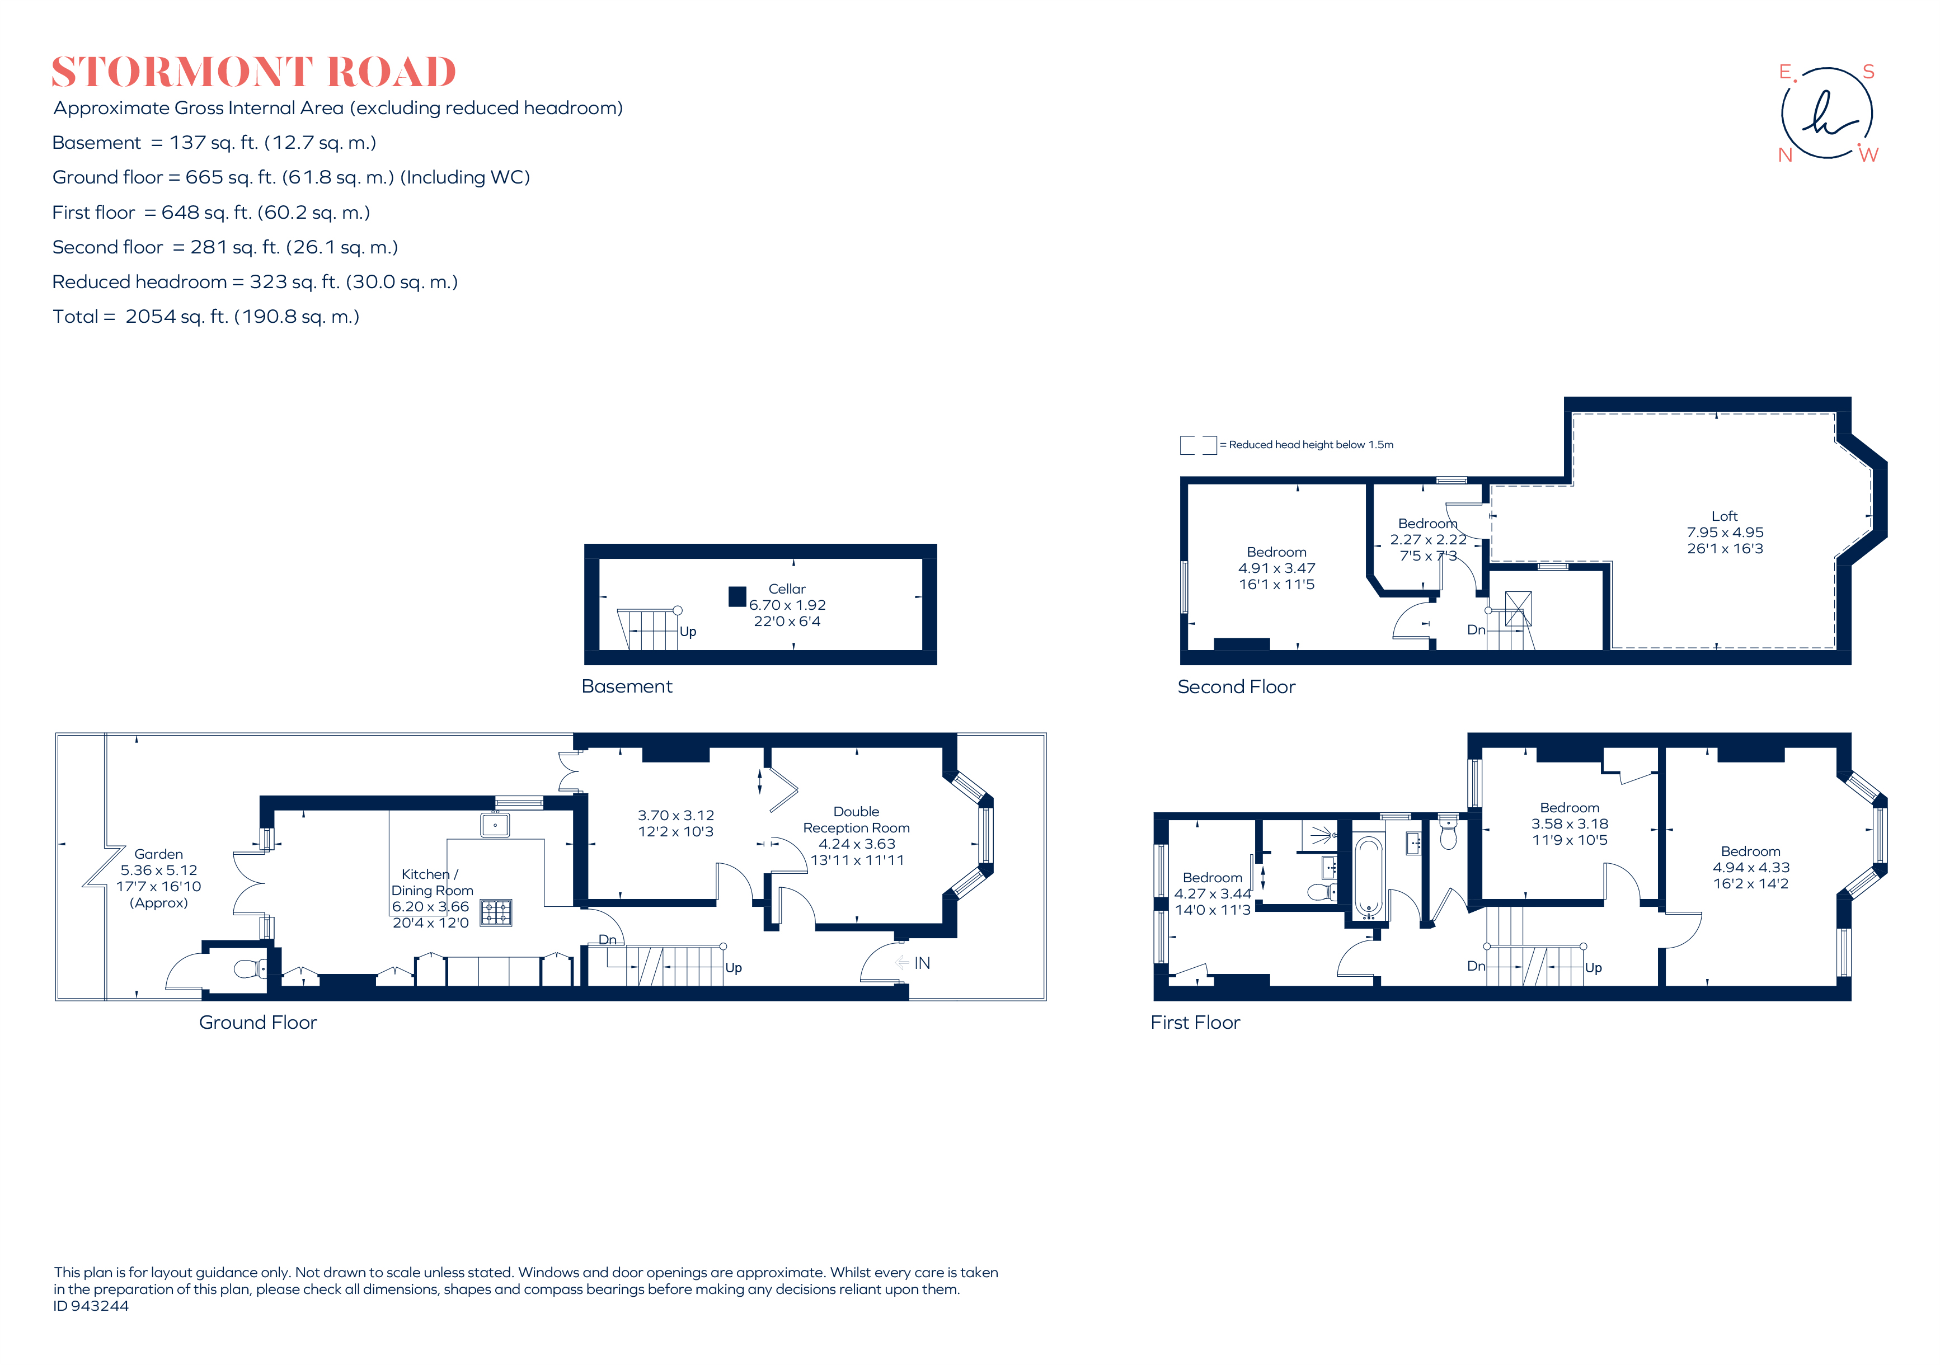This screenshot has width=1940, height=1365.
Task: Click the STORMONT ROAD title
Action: [x=253, y=73]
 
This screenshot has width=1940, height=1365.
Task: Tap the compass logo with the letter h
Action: [x=1827, y=113]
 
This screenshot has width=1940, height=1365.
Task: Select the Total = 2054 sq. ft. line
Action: [x=205, y=317]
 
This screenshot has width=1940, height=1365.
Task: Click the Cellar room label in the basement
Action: [x=787, y=589]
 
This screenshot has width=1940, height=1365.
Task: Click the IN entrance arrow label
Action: [x=921, y=963]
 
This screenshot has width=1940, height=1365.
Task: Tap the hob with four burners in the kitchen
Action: [x=496, y=912]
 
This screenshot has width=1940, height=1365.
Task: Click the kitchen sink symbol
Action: [x=494, y=825]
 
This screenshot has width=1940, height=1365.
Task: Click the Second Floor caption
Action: [x=1236, y=687]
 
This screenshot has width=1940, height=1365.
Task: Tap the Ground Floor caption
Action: [x=258, y=1022]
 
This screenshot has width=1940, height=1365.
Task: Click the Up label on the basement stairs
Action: [x=688, y=632]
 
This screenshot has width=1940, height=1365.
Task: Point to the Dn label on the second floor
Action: [x=1475, y=630]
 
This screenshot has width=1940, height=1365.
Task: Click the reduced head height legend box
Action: [x=1197, y=445]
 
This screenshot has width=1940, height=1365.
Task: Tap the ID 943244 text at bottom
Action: [x=91, y=1306]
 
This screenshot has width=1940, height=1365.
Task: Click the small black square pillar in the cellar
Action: [x=737, y=596]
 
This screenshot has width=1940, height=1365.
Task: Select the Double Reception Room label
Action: [x=856, y=820]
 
